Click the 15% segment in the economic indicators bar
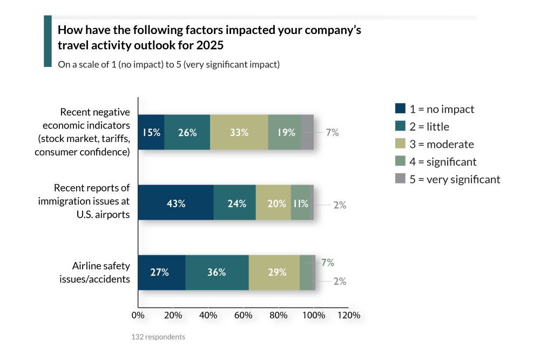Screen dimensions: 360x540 click(151, 132)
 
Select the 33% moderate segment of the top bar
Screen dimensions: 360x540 click(239, 132)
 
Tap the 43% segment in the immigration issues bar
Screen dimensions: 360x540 click(176, 203)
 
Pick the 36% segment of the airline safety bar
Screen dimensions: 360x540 click(217, 272)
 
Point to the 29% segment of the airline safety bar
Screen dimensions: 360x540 click(276, 272)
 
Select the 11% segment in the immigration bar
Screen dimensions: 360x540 click(300, 203)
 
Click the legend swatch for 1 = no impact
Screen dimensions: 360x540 click(400, 109)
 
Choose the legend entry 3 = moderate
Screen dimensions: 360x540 click(441, 144)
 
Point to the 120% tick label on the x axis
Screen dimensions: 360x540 click(348, 315)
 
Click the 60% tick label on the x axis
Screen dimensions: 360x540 click(243, 315)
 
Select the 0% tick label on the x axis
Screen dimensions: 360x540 click(138, 315)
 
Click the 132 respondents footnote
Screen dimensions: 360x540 click(158, 337)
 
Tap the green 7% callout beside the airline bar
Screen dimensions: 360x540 click(327, 263)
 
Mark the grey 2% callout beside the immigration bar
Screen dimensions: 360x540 click(340, 205)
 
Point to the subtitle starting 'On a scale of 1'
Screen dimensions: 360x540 click(168, 64)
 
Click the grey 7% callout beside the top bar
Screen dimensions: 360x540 click(332, 132)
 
